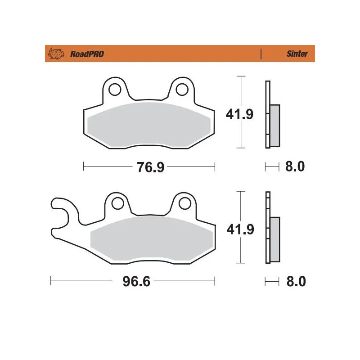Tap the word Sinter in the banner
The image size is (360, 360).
pos(297,54)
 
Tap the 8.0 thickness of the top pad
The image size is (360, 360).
pos(295,167)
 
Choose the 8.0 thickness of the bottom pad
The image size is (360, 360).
pos(296,282)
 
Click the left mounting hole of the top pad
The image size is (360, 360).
pos(115,89)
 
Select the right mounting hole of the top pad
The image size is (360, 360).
pos(181,89)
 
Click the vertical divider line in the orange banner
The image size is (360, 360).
pos(261,54)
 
